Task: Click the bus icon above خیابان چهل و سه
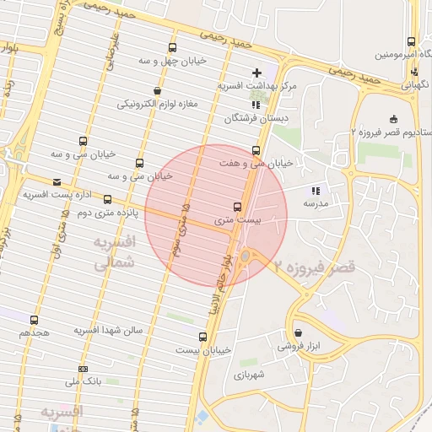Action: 173,48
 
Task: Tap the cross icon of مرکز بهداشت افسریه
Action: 257,73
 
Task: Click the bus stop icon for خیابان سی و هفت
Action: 256,151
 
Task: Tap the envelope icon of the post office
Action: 57,182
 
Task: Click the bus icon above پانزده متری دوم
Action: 108,200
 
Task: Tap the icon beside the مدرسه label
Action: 316,192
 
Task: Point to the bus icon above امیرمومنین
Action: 411,41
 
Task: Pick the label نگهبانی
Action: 413,84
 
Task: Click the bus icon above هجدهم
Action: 35,320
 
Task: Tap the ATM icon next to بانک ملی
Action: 84,369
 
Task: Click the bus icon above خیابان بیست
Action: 202,337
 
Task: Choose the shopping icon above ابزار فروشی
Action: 299,332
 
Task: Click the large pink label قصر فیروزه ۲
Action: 314,266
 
